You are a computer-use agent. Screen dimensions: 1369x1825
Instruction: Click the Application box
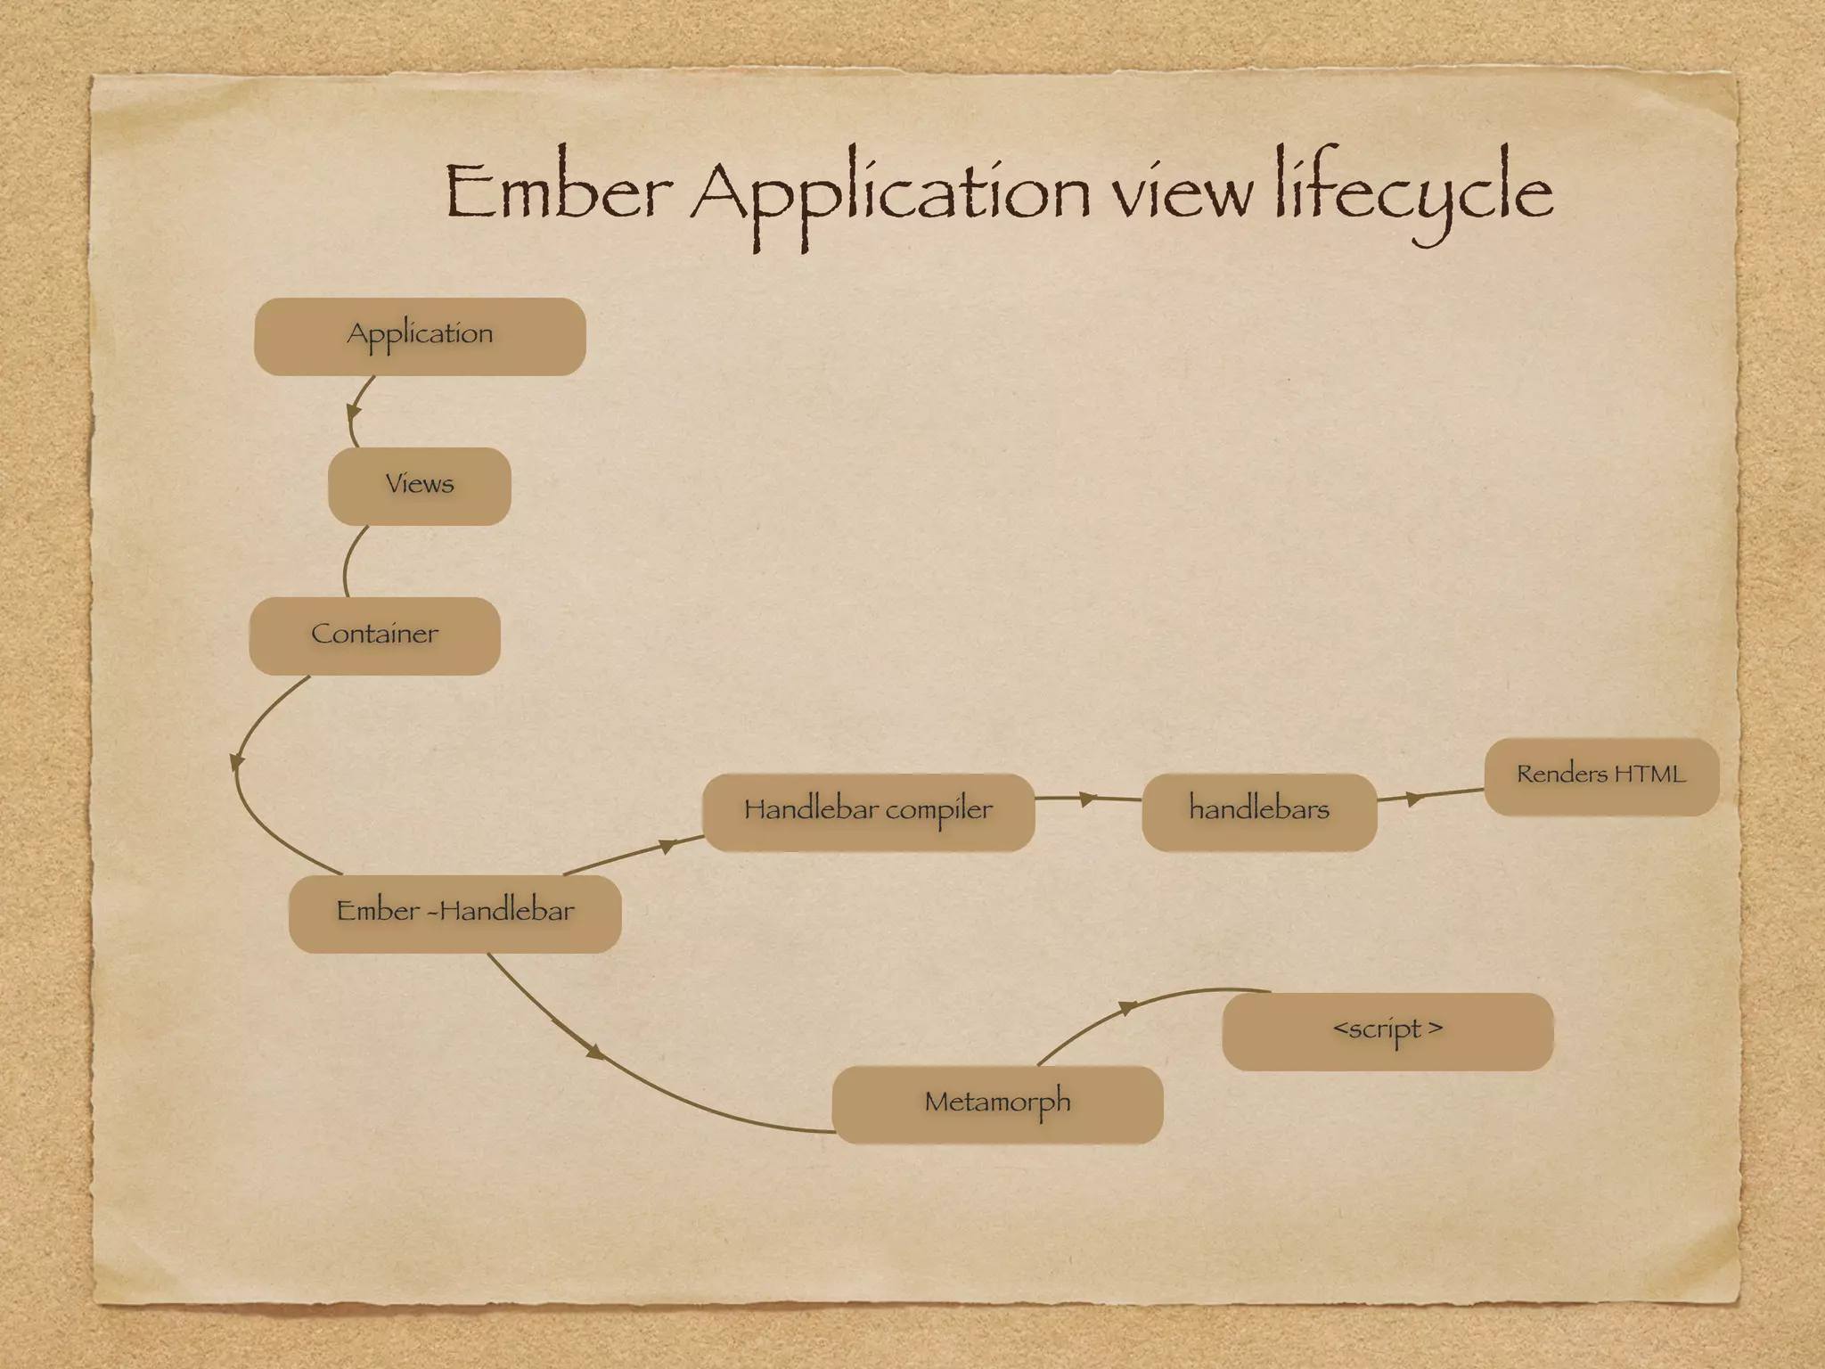point(420,336)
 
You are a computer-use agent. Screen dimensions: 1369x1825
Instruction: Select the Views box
point(419,486)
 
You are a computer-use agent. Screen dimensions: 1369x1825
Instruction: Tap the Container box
point(374,635)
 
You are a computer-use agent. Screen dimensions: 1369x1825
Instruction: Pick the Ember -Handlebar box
point(454,914)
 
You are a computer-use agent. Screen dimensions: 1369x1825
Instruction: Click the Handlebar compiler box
point(868,812)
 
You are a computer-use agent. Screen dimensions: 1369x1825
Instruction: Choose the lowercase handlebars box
point(1259,812)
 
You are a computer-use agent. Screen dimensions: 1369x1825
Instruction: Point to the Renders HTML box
point(1601,776)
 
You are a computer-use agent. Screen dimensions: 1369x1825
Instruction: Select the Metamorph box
point(997,1104)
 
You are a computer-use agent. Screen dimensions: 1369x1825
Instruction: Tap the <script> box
point(1387,1031)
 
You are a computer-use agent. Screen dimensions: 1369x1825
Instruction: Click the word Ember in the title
point(558,193)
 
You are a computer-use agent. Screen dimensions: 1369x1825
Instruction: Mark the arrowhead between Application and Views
point(354,412)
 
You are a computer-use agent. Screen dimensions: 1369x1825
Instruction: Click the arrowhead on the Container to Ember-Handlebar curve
point(236,762)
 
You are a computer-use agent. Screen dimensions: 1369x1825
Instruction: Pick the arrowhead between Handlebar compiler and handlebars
point(1087,799)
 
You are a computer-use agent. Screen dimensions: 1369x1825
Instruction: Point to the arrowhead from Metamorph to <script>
point(1128,1007)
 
